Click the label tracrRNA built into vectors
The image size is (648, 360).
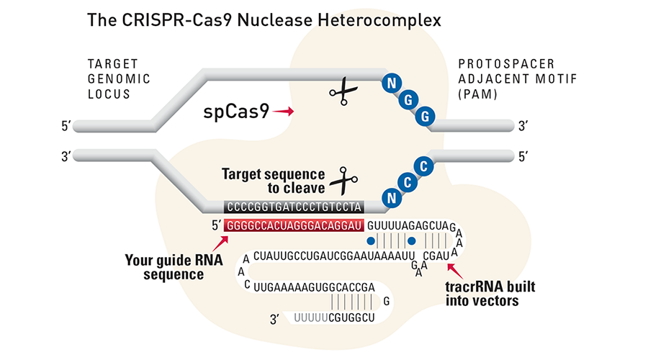[490, 294]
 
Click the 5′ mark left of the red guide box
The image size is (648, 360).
[215, 225]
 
